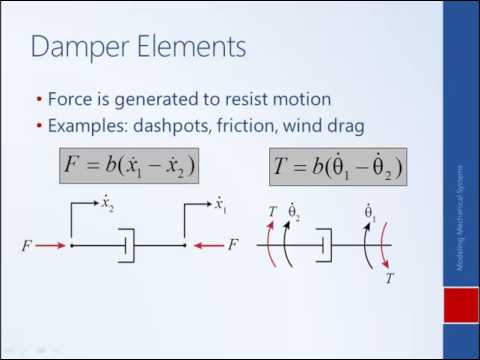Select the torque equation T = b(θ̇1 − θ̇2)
tap(337, 165)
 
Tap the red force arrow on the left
tap(52, 244)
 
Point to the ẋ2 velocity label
tap(107, 205)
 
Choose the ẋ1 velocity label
tap(220, 205)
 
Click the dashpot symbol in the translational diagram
tap(127, 244)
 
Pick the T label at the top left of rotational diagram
tap(272, 210)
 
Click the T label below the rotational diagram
tap(390, 280)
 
